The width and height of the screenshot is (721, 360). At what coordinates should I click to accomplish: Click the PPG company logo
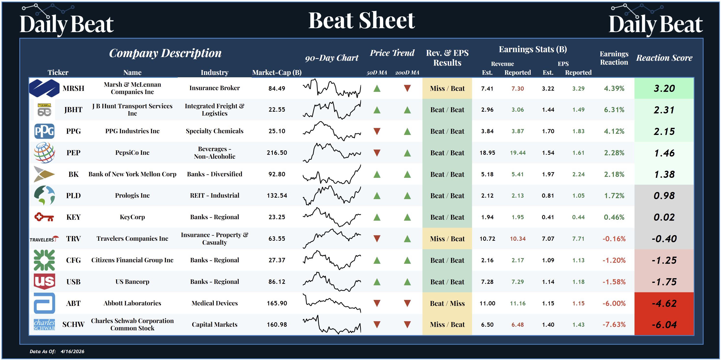[44, 131]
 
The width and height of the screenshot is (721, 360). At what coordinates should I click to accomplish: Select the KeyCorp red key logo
[44, 217]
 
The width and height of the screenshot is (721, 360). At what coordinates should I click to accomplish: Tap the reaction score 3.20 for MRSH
[664, 88]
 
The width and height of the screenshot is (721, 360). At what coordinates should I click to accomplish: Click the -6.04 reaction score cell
[664, 324]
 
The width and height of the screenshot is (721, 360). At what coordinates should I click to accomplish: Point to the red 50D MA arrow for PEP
[377, 153]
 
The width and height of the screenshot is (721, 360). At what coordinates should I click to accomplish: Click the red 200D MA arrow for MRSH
[407, 88]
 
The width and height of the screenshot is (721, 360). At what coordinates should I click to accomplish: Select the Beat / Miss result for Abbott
[447, 303]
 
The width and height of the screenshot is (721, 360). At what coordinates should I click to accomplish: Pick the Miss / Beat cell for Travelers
[447, 239]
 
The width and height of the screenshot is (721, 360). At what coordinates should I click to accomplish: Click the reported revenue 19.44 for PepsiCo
[518, 153]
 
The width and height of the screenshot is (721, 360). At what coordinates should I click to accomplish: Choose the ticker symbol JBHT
[73, 110]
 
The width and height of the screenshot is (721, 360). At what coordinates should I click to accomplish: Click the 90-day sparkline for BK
[332, 174]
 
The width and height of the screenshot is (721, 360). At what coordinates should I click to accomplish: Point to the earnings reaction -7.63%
[614, 324]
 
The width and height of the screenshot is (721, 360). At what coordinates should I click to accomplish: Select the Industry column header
[214, 72]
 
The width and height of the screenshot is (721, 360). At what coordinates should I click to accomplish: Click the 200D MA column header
[407, 72]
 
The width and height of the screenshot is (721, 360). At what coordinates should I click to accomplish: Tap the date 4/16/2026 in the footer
[72, 351]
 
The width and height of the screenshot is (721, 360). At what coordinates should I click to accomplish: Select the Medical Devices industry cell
[214, 303]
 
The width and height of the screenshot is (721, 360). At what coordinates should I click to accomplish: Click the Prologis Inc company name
[132, 195]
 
